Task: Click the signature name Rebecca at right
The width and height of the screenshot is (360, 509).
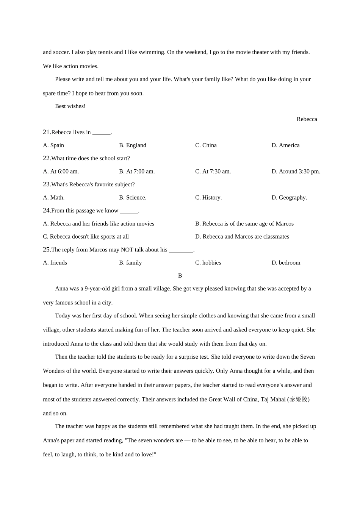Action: pos(307,119)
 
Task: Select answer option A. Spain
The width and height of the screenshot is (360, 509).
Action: pos(53,145)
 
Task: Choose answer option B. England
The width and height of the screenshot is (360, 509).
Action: pos(132,145)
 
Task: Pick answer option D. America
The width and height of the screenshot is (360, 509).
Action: pos(285,145)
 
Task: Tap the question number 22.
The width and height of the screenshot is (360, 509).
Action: pos(47,158)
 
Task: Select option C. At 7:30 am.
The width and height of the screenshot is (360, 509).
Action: pos(213,172)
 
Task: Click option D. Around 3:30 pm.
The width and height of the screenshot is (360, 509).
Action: pos(296,172)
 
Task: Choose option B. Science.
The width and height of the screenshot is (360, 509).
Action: pos(133,198)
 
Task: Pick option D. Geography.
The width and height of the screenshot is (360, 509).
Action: pos(289,198)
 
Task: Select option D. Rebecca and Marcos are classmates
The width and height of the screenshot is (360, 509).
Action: pos(242,237)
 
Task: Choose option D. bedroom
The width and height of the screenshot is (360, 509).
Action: pos(286,263)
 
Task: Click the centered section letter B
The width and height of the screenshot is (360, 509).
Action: pos(180,276)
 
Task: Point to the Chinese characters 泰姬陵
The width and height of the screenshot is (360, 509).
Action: pos(299,400)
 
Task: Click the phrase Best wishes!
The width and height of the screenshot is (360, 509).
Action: pos(70,106)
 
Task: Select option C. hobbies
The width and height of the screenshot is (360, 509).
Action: pos(208,263)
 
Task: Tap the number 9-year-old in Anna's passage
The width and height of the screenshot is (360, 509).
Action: pos(97,289)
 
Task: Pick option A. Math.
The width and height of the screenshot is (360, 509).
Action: pos(54,198)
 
